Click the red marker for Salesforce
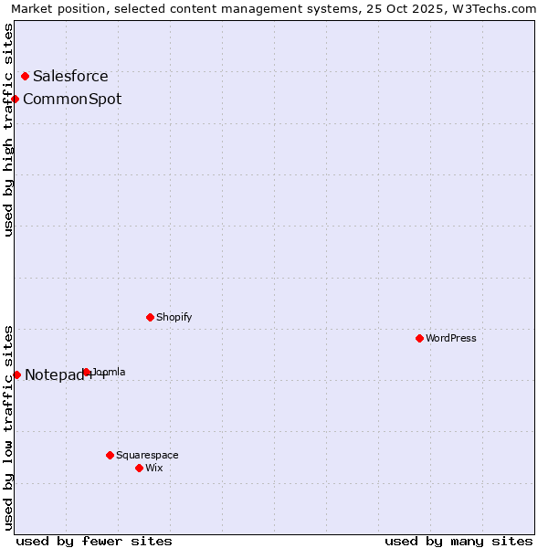tap(25, 76)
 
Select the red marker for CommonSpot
tap(16, 99)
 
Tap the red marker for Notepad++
tap(16, 374)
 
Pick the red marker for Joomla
tap(86, 372)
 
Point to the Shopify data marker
tap(150, 317)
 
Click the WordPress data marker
tap(419, 338)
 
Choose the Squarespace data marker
tap(110, 455)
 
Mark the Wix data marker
tap(139, 468)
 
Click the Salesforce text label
tap(70, 77)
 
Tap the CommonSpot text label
tap(72, 100)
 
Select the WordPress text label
tap(451, 338)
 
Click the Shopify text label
tap(174, 318)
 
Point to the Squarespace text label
tap(147, 455)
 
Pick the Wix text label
tap(154, 468)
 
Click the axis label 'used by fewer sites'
tap(94, 541)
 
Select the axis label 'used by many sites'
tap(458, 541)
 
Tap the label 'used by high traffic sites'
tap(8, 130)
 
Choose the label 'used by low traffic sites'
tap(8, 427)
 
